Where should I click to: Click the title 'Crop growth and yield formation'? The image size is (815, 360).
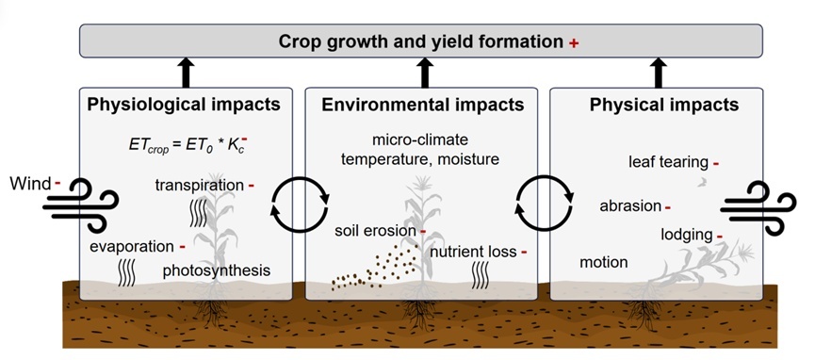[421, 41]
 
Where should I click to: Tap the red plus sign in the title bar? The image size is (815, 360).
[573, 43]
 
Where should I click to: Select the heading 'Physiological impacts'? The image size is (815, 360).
[184, 105]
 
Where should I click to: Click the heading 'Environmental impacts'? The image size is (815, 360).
[422, 105]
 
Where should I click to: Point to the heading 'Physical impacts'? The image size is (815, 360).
[663, 105]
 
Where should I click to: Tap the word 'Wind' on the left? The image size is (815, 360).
[31, 183]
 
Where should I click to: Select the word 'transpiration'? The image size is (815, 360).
[199, 185]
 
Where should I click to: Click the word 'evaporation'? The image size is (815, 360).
[131, 247]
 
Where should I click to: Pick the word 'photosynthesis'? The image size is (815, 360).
[216, 270]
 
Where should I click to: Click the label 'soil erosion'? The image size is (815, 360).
[375, 231]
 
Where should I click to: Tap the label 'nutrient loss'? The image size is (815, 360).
[474, 252]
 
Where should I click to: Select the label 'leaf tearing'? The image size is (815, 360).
[668, 163]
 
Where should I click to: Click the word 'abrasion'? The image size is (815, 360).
[630, 206]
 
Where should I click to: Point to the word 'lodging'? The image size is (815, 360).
[687, 236]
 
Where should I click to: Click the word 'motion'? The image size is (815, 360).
[603, 262]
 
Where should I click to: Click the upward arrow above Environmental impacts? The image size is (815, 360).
[425, 73]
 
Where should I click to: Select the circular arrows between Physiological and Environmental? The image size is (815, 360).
[301, 205]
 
